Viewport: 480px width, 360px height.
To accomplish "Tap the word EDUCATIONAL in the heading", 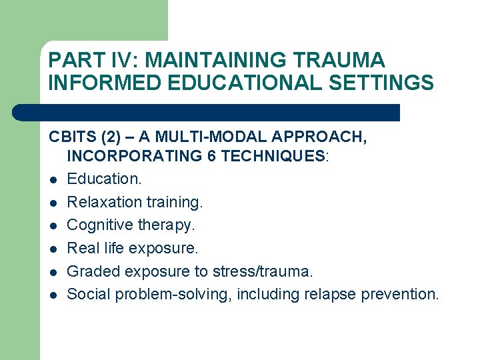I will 230,83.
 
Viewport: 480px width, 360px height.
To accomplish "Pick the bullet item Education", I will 105,179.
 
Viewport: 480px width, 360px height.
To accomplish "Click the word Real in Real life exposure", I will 83,248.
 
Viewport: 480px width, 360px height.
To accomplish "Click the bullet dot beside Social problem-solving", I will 52,295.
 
